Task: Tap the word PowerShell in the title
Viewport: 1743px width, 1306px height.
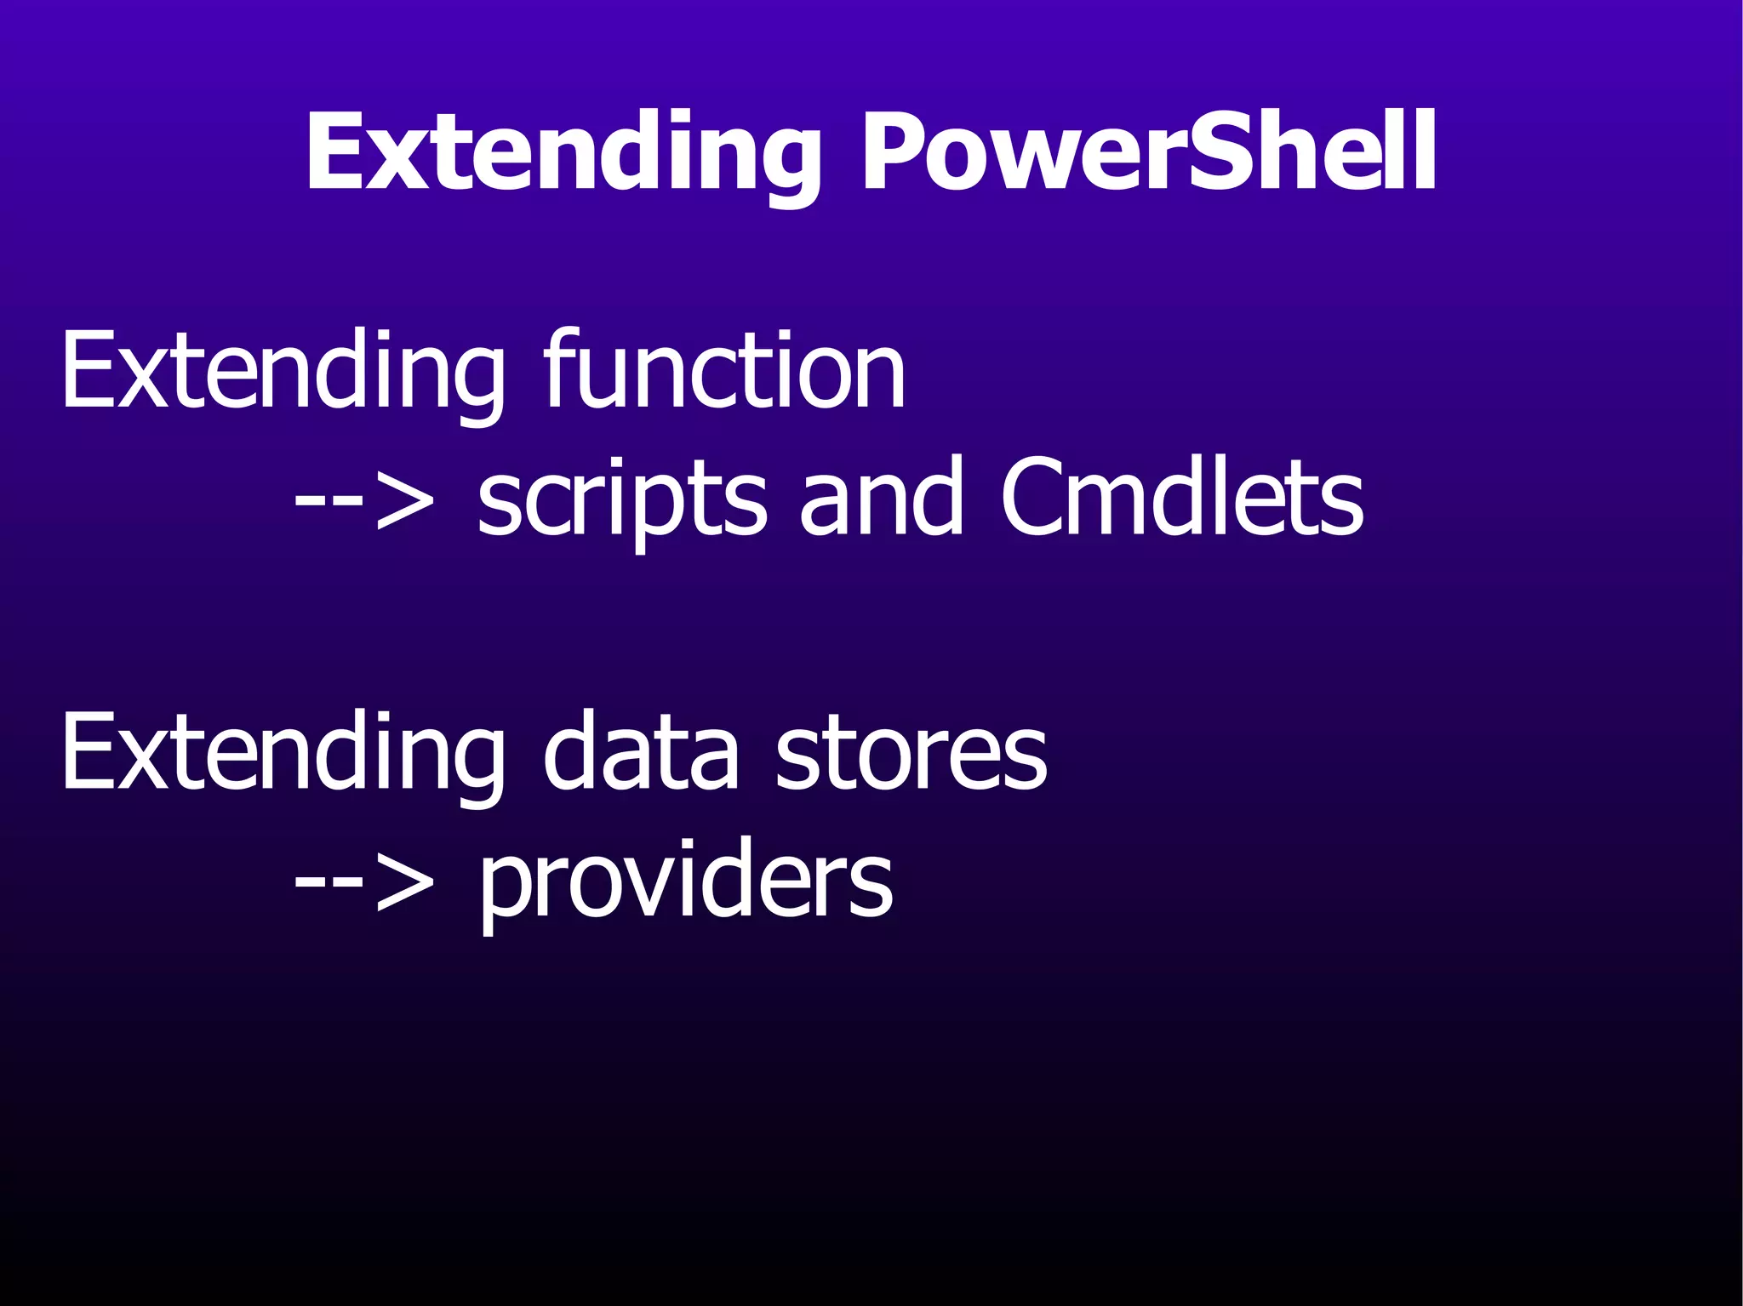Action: (x=1150, y=153)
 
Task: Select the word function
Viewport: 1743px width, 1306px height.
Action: (x=724, y=370)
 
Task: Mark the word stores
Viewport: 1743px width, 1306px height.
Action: (x=911, y=753)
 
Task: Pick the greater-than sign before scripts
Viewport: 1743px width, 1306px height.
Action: (x=403, y=502)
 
